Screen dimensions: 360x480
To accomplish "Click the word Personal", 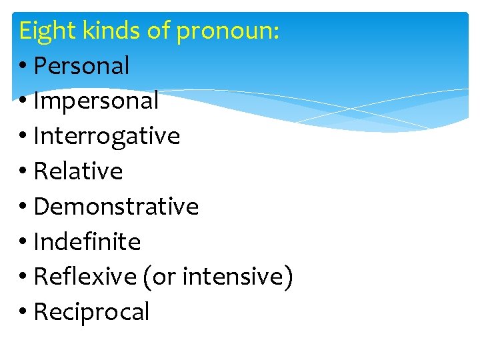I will click(81, 66).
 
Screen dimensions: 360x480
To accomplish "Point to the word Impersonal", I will click(96, 101).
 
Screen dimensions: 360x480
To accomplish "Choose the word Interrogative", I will click(107, 136).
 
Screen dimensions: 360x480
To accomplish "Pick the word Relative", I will click(78, 171).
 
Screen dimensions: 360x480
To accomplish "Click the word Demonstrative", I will click(116, 207).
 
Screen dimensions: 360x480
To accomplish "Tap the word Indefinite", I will click(87, 241).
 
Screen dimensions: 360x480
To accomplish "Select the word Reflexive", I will click(85, 277).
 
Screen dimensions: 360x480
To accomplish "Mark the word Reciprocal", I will click(91, 311).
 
